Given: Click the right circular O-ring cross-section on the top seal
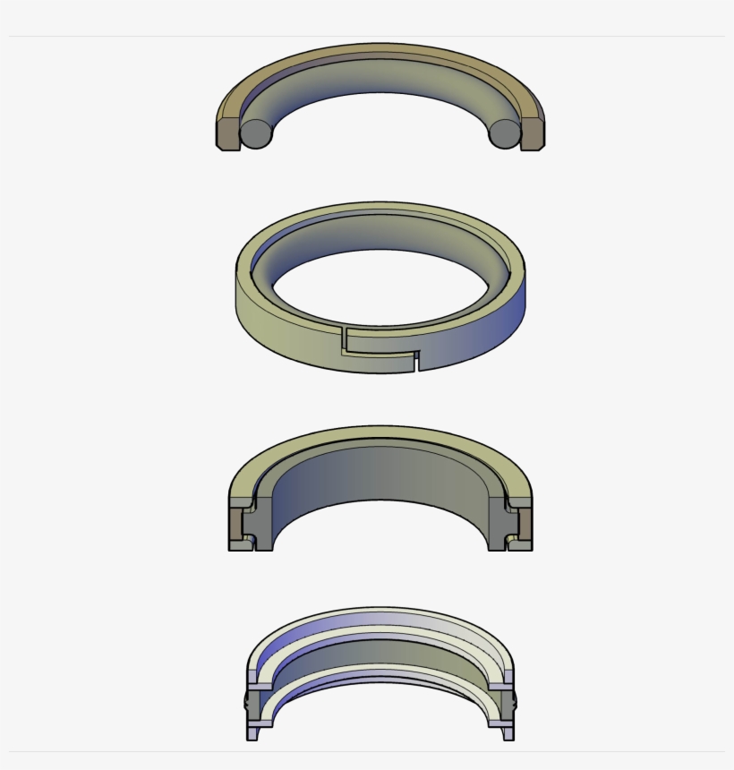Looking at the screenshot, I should [504, 133].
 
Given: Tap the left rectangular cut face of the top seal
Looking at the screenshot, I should [226, 133].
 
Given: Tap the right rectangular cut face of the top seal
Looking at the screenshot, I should [533, 133].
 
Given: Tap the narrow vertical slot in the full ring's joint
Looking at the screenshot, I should [416, 362].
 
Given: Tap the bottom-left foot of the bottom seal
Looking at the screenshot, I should [252, 734].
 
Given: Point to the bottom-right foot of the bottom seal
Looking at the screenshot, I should [508, 734].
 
